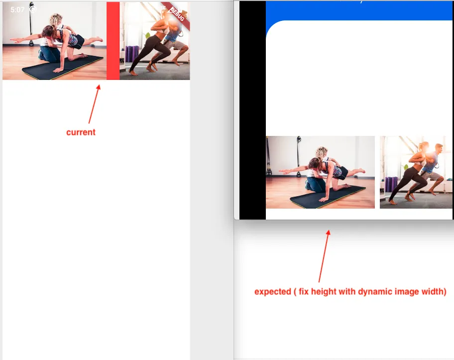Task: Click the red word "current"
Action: click(x=81, y=132)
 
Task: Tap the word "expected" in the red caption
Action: click(x=273, y=292)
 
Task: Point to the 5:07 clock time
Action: click(x=17, y=9)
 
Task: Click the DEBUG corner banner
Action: click(x=177, y=14)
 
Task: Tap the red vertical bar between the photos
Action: click(x=113, y=40)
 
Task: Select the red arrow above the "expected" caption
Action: click(x=324, y=256)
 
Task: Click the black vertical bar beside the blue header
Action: click(x=252, y=110)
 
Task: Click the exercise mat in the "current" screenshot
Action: click(x=63, y=68)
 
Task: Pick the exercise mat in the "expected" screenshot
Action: click(x=328, y=198)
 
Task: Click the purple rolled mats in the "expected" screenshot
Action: click(x=391, y=184)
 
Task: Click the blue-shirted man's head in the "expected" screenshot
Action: click(x=439, y=149)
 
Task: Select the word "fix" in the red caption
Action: click(x=304, y=291)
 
